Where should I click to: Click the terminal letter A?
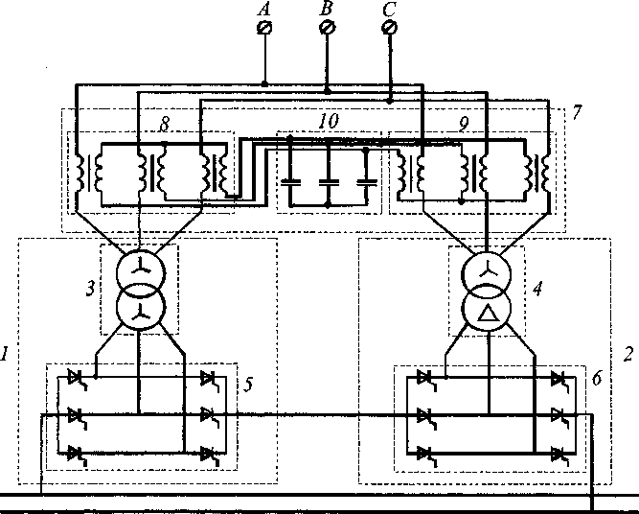(265, 9)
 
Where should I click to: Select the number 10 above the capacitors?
(329, 124)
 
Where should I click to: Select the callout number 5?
(248, 385)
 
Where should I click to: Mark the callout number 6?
(596, 380)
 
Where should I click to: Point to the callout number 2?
(628, 354)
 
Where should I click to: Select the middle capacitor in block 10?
(328, 179)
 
